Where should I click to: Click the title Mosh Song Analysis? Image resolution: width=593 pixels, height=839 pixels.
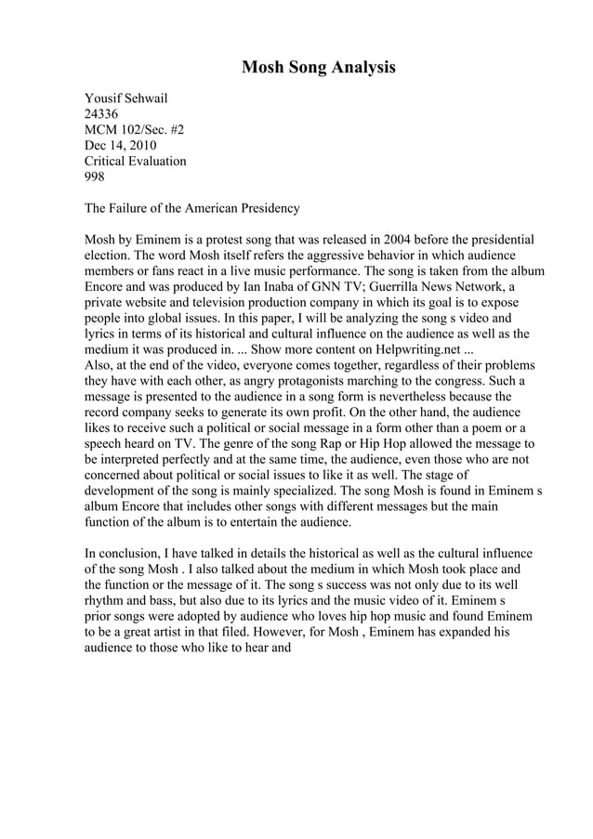[319, 68]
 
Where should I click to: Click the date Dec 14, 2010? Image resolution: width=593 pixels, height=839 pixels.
[121, 145]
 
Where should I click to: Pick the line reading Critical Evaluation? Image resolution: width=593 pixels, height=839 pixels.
[136, 161]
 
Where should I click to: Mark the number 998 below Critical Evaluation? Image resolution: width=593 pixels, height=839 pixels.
[95, 177]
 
